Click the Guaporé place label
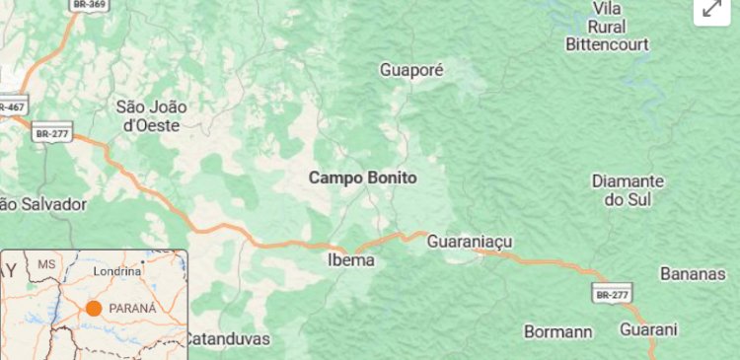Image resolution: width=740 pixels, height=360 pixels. pos(412,71)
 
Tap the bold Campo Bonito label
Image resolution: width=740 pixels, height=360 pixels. pos(362,179)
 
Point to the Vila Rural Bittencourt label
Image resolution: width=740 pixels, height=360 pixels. pos(607,27)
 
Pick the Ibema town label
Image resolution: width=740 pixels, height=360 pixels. pos(350,260)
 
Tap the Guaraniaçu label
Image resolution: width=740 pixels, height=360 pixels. pos(471,242)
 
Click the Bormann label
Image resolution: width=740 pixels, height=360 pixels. pos(557,332)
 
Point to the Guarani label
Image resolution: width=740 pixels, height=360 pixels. pos(649,329)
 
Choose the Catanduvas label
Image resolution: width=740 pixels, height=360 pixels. pos(227,339)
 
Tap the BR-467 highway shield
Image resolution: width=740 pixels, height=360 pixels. pos(13,106)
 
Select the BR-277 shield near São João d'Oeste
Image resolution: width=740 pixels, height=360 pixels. pos(52,131)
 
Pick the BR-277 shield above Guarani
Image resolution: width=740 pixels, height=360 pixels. pos(611,293)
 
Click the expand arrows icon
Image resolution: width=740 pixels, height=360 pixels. pos(710,10)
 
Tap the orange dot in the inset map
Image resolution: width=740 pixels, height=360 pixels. pos(94,309)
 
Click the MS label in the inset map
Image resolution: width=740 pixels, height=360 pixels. pos(46,265)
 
